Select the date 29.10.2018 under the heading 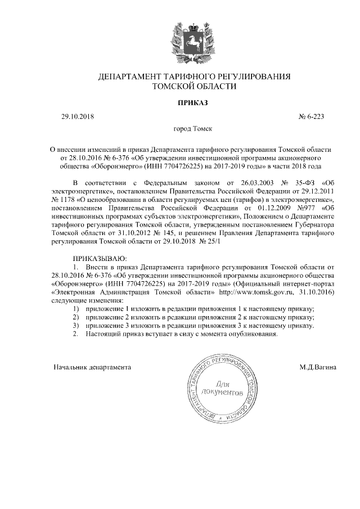[x=78, y=117]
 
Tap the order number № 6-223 [x=311, y=117]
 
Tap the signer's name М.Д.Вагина [x=318, y=367]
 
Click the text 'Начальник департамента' [x=92, y=367]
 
